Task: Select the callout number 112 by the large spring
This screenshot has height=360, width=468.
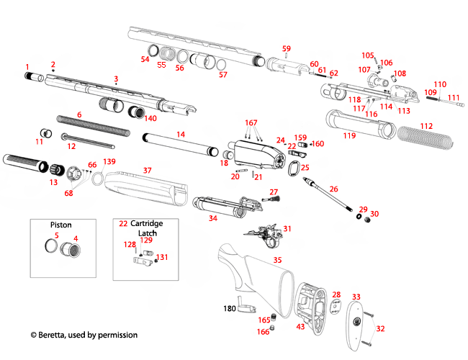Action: [427, 126]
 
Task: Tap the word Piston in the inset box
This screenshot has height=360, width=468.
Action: [60, 224]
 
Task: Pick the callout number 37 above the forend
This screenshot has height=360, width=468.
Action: [147, 171]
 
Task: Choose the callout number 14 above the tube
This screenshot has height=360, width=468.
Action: [181, 135]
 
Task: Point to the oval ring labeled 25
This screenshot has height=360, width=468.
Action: [293, 171]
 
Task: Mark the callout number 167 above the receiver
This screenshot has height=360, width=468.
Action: [251, 123]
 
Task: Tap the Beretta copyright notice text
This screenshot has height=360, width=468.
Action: [84, 335]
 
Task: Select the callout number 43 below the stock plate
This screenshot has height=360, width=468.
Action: [301, 327]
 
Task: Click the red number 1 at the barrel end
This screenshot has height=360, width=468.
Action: [27, 66]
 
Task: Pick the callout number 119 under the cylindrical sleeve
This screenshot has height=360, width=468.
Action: [349, 135]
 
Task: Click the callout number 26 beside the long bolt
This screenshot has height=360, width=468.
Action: [333, 189]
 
